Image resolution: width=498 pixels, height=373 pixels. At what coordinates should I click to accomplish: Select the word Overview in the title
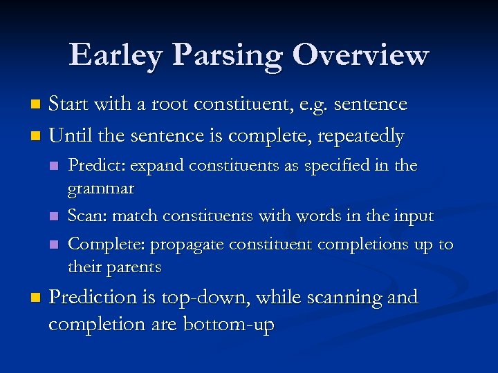coord(360,55)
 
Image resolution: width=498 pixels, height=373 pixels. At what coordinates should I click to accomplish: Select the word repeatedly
coord(360,137)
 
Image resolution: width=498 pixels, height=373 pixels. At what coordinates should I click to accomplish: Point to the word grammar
coord(101,187)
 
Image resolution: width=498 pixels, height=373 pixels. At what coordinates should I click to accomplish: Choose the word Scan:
coord(88,216)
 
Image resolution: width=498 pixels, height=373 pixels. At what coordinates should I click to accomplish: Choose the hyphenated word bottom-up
coord(228,324)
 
